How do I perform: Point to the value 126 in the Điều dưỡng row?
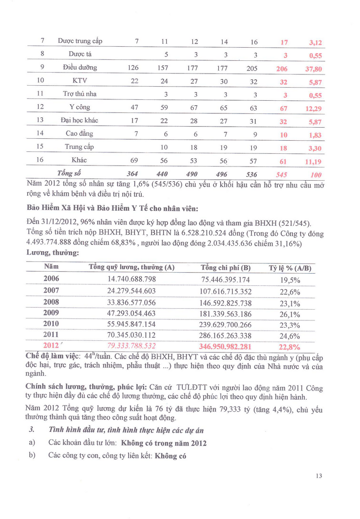133,68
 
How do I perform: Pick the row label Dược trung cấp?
80,41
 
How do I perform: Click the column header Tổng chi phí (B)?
226,268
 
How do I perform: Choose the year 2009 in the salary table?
51,313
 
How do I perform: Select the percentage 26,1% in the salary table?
290,314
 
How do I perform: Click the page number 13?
319,476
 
